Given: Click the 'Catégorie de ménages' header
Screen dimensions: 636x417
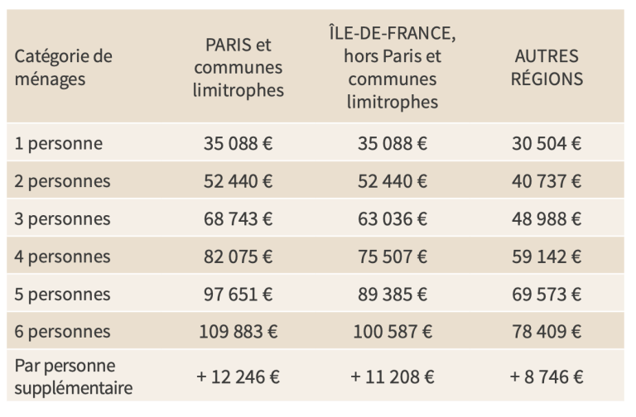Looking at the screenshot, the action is point(63,68).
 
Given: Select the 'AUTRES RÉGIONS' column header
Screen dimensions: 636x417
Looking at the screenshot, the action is point(547,68).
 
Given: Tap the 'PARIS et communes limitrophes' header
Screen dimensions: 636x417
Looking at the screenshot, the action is point(238,68).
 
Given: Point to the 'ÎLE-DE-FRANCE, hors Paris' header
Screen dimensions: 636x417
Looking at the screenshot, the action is point(393,68).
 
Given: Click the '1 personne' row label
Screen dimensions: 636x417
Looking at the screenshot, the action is point(59,144).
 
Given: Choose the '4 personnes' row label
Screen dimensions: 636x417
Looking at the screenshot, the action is point(62,257).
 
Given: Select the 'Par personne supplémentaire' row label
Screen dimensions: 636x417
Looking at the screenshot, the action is point(74,377).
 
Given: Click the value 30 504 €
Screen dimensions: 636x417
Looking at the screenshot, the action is point(547,144).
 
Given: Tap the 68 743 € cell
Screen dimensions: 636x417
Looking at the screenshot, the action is point(238,219).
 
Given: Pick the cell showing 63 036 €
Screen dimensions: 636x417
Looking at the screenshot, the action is point(393,219).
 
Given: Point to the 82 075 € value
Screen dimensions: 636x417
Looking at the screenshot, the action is point(238,257).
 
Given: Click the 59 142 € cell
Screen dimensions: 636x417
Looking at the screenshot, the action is point(547,257).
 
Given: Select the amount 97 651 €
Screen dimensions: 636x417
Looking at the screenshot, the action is point(238,295).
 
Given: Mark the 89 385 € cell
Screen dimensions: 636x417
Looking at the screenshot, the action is point(393,295).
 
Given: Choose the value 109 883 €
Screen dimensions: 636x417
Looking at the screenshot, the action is point(238,332).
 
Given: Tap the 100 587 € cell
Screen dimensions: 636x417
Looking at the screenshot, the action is point(393,332).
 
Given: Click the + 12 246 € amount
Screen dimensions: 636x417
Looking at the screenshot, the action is point(238,377).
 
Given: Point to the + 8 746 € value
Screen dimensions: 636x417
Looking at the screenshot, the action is point(547,377).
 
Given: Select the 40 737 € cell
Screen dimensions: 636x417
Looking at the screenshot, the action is point(547,181).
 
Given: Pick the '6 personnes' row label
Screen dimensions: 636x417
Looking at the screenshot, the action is point(62,332).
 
